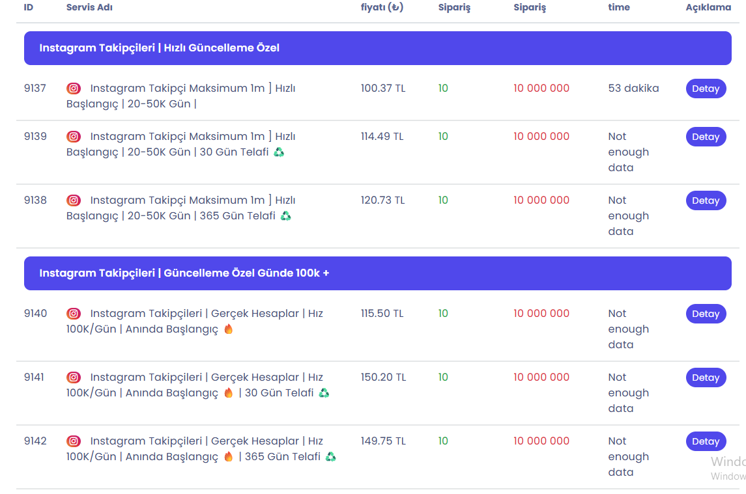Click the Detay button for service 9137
tap(706, 89)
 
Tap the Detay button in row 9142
tap(706, 441)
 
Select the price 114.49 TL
tap(382, 137)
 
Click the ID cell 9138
tap(35, 200)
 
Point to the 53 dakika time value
tap(633, 89)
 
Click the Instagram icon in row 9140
tap(73, 314)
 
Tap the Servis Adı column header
tap(89, 7)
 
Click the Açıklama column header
tap(708, 7)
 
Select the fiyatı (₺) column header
tap(382, 7)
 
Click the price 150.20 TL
tap(384, 377)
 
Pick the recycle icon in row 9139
tap(279, 152)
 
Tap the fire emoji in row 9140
tap(229, 329)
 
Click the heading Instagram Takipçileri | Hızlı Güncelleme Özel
tap(160, 48)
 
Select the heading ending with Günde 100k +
tap(184, 273)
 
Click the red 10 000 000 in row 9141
tap(541, 377)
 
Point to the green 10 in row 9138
tap(443, 200)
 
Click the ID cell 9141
tap(34, 377)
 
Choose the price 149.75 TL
tap(384, 441)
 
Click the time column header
tap(618, 7)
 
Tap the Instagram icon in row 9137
tap(73, 89)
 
